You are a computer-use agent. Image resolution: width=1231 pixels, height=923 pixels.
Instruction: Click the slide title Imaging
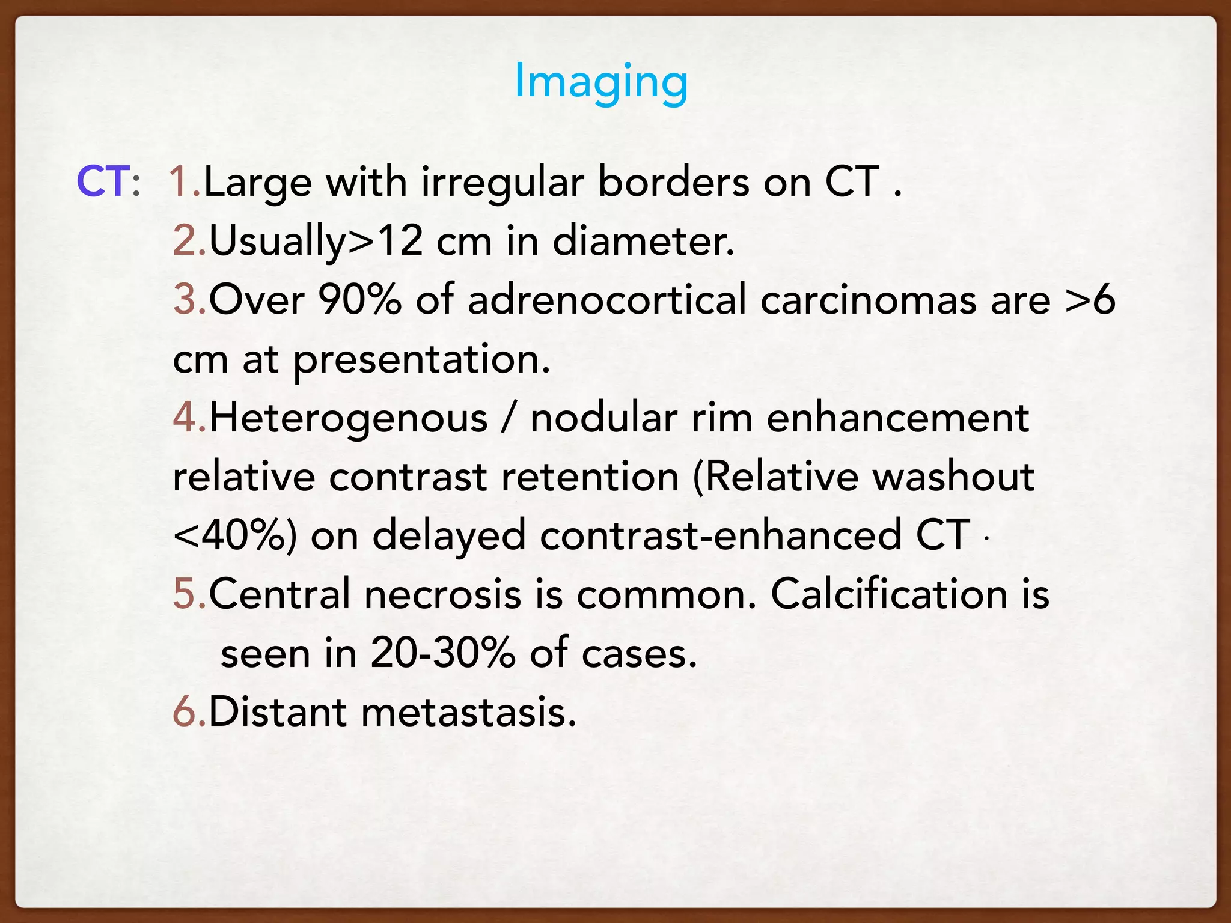pos(601,82)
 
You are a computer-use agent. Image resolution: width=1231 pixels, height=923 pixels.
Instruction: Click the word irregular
pos(502,183)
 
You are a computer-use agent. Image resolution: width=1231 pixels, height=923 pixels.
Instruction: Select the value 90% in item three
pos(359,299)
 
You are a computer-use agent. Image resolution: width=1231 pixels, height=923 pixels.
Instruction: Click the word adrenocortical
pos(606,299)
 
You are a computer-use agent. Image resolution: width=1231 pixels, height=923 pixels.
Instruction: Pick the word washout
pos(953,477)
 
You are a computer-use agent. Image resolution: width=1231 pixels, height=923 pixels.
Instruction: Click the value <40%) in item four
pos(234,535)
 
